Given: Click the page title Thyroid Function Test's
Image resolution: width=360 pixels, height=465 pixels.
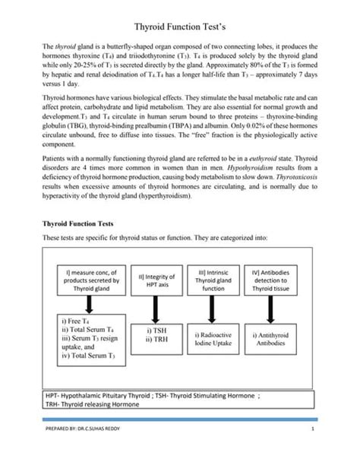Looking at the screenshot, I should click(180, 26).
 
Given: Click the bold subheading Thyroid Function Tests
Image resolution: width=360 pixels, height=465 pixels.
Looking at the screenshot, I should click(73, 223).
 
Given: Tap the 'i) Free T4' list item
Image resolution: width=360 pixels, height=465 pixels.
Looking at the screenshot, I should click(74, 321).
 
